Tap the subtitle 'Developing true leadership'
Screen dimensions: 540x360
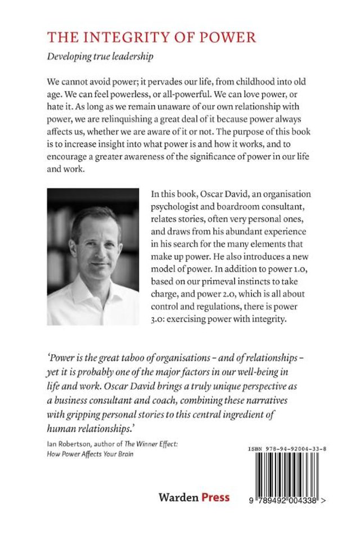click(101, 57)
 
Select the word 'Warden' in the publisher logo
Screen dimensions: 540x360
click(178, 497)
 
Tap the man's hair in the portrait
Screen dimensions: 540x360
click(94, 217)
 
